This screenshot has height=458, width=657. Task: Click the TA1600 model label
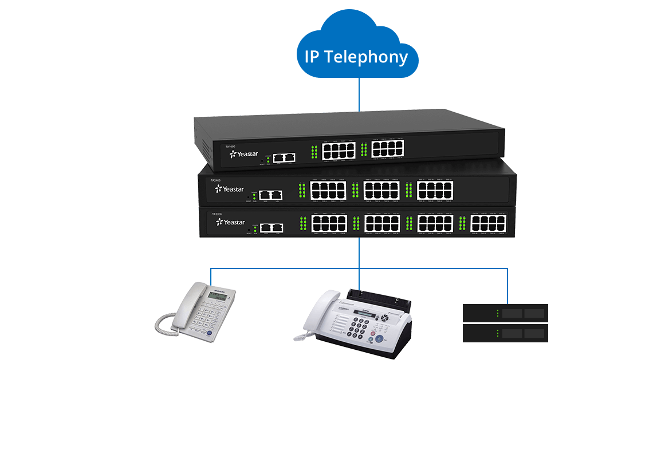pyautogui.click(x=230, y=147)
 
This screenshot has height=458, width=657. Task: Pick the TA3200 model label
pyautogui.click(x=217, y=215)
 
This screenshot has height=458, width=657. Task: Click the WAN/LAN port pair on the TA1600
pyautogui.click(x=284, y=156)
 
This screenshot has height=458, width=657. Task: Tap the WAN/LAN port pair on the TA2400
pyautogui.click(x=270, y=195)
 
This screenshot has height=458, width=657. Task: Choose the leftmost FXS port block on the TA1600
pyautogui.click(x=339, y=151)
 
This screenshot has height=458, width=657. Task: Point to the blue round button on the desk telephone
pyautogui.click(x=209, y=334)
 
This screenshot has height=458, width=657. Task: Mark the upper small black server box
pyautogui.click(x=505, y=313)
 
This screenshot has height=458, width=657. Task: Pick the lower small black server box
pyautogui.click(x=505, y=333)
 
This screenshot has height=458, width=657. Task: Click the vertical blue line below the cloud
pyautogui.click(x=359, y=94)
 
